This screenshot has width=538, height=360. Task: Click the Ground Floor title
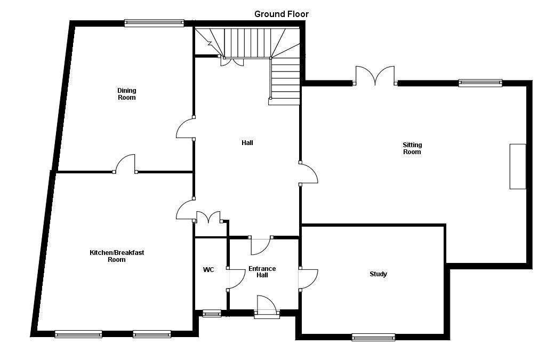click(x=281, y=14)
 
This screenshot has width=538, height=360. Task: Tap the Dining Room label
click(x=126, y=94)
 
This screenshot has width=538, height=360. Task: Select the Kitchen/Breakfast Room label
click(x=116, y=256)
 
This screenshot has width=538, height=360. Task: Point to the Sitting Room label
click(x=412, y=148)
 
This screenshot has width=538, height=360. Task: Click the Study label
click(x=378, y=274)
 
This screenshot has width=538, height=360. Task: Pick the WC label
click(x=208, y=270)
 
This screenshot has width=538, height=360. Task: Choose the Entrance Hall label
click(x=262, y=272)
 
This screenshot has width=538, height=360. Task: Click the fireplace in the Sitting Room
click(x=517, y=166)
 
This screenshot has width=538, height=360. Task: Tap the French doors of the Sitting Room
click(x=375, y=76)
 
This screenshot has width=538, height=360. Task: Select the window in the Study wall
click(x=373, y=337)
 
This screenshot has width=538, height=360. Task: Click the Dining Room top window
click(x=154, y=23)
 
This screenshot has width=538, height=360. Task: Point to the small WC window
click(x=212, y=314)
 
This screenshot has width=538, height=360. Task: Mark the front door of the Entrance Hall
click(x=267, y=308)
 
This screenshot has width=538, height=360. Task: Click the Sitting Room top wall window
click(x=480, y=83)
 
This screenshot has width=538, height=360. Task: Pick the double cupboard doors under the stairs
click(x=232, y=61)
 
